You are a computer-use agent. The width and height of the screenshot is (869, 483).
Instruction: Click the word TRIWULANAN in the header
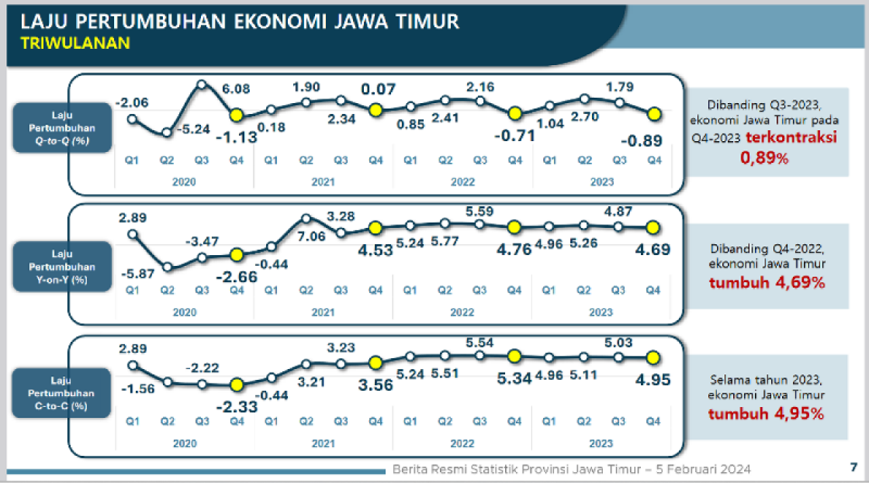click(75, 43)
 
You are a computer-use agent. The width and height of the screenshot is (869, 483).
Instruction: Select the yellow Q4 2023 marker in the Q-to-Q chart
click(654, 115)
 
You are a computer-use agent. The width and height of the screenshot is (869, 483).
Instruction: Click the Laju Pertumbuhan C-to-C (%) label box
click(62, 393)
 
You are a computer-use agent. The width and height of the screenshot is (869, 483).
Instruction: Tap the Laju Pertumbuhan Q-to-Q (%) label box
click(62, 128)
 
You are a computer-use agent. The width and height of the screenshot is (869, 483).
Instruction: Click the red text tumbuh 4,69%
click(767, 282)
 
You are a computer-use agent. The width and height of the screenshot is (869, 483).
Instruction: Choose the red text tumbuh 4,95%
click(767, 413)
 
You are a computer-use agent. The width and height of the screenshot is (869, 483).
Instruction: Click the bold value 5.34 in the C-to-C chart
click(514, 379)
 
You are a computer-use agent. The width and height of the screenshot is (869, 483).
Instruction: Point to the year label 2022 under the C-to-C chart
click(462, 444)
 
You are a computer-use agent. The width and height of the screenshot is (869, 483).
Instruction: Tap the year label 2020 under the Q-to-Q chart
click(185, 182)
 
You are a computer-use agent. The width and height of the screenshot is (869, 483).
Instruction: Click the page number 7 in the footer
click(853, 467)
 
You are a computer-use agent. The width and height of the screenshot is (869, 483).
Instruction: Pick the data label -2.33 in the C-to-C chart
click(236, 408)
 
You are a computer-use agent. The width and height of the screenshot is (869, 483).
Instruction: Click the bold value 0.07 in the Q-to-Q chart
click(377, 89)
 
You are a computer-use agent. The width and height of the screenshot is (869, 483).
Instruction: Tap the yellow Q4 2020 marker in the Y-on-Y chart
click(236, 255)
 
